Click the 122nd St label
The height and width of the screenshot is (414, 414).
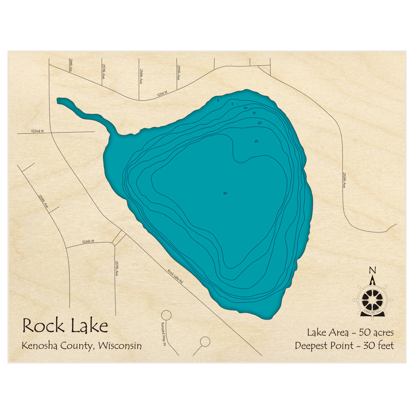37,131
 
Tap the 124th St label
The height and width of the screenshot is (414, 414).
88,241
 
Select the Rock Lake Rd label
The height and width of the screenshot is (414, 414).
176,277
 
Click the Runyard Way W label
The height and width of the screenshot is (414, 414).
164,334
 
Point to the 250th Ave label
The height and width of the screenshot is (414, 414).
343,180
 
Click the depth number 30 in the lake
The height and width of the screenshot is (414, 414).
225,193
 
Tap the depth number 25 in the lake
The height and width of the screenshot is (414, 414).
256,142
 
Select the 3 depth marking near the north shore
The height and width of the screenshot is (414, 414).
218,101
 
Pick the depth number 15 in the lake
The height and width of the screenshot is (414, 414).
254,113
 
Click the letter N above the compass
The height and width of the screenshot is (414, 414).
372,271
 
